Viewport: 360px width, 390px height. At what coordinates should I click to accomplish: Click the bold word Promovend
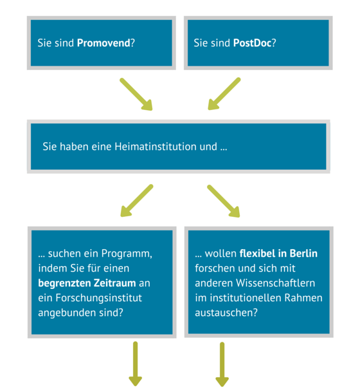104,43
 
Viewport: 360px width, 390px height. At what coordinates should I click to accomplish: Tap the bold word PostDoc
252,43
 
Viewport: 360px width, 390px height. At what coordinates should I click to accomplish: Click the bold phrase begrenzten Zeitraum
87,283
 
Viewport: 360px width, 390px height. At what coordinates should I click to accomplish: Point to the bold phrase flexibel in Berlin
278,254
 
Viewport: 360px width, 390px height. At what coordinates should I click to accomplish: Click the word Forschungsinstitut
98,298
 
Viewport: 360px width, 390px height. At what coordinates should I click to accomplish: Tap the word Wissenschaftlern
276,283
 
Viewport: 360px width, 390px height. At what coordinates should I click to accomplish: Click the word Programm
127,254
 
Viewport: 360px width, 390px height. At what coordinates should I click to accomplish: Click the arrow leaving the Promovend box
136,94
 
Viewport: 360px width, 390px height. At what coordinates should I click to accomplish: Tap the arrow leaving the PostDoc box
224,94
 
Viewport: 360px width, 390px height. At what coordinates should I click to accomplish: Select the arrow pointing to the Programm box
137,201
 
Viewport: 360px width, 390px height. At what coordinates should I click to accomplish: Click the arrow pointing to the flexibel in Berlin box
224,201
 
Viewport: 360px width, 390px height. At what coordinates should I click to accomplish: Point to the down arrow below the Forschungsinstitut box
136,364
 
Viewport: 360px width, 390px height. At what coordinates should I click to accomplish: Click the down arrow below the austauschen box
222,364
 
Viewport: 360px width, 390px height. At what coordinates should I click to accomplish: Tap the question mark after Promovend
132,43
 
